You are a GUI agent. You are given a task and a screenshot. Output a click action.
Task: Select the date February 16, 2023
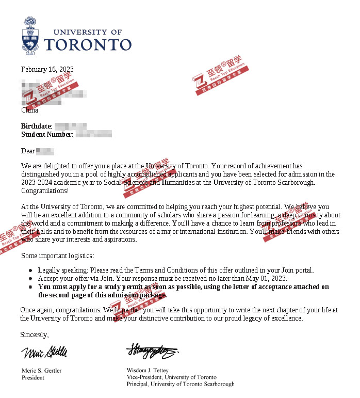(47, 70)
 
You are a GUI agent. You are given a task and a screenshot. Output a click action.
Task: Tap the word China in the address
(29, 110)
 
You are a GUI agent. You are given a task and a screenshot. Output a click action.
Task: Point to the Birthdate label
(36, 126)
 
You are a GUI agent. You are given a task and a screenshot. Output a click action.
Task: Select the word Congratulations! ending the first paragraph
(44, 191)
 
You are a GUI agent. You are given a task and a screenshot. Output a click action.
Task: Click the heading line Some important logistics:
(58, 256)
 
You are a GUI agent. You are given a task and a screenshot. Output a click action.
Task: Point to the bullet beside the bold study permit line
(32, 288)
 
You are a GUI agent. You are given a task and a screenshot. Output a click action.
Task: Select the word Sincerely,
(35, 335)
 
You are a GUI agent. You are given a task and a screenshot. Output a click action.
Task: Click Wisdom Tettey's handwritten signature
(152, 352)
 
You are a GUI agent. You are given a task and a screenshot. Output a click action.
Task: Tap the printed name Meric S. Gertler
(43, 371)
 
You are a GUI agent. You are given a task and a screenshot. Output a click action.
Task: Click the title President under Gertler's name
(33, 378)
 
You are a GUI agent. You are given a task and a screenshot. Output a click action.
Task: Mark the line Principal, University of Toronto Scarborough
(181, 384)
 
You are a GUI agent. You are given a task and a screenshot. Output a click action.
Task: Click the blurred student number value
(93, 135)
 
